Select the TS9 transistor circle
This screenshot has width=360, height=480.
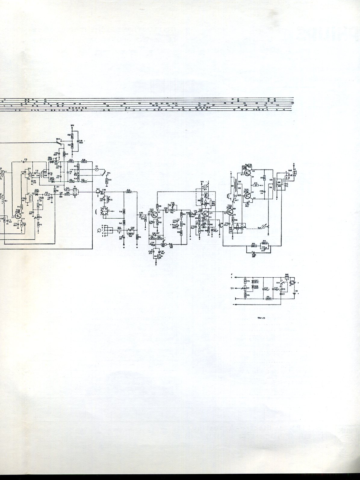click(x=230, y=212)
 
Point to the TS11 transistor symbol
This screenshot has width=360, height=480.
click(x=247, y=195)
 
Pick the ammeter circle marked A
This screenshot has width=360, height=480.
click(x=264, y=226)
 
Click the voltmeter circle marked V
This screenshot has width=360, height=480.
click(x=206, y=186)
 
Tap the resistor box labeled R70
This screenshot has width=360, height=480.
click(x=254, y=246)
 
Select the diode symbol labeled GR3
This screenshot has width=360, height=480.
click(x=37, y=194)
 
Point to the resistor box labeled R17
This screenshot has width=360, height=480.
click(x=47, y=195)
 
